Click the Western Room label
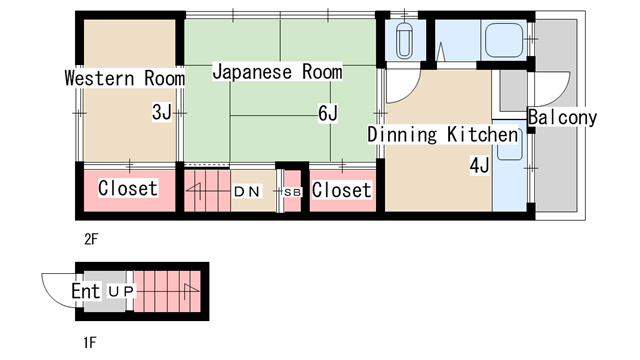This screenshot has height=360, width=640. [x=125, y=78]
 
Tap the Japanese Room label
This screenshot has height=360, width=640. [x=278, y=72]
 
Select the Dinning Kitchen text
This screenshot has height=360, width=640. [x=443, y=134]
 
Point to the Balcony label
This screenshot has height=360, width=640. [x=562, y=117]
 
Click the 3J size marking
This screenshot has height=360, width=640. [x=162, y=112]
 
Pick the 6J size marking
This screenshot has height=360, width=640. [x=328, y=113]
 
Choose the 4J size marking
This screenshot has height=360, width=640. [x=479, y=166]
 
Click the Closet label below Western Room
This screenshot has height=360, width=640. [x=128, y=188]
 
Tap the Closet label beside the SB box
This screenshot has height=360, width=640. [x=342, y=190]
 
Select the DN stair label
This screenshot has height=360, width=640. [x=247, y=191]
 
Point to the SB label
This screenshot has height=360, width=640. [x=292, y=192]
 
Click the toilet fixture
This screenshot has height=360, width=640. [x=404, y=40]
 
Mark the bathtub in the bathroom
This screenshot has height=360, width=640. [x=504, y=40]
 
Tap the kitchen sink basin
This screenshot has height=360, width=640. [x=508, y=145]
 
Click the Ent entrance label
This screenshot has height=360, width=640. [x=86, y=291]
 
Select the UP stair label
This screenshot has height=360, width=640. [x=121, y=291]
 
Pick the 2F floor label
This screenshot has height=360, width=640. [x=91, y=239]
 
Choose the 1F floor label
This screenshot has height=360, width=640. [x=90, y=342]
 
